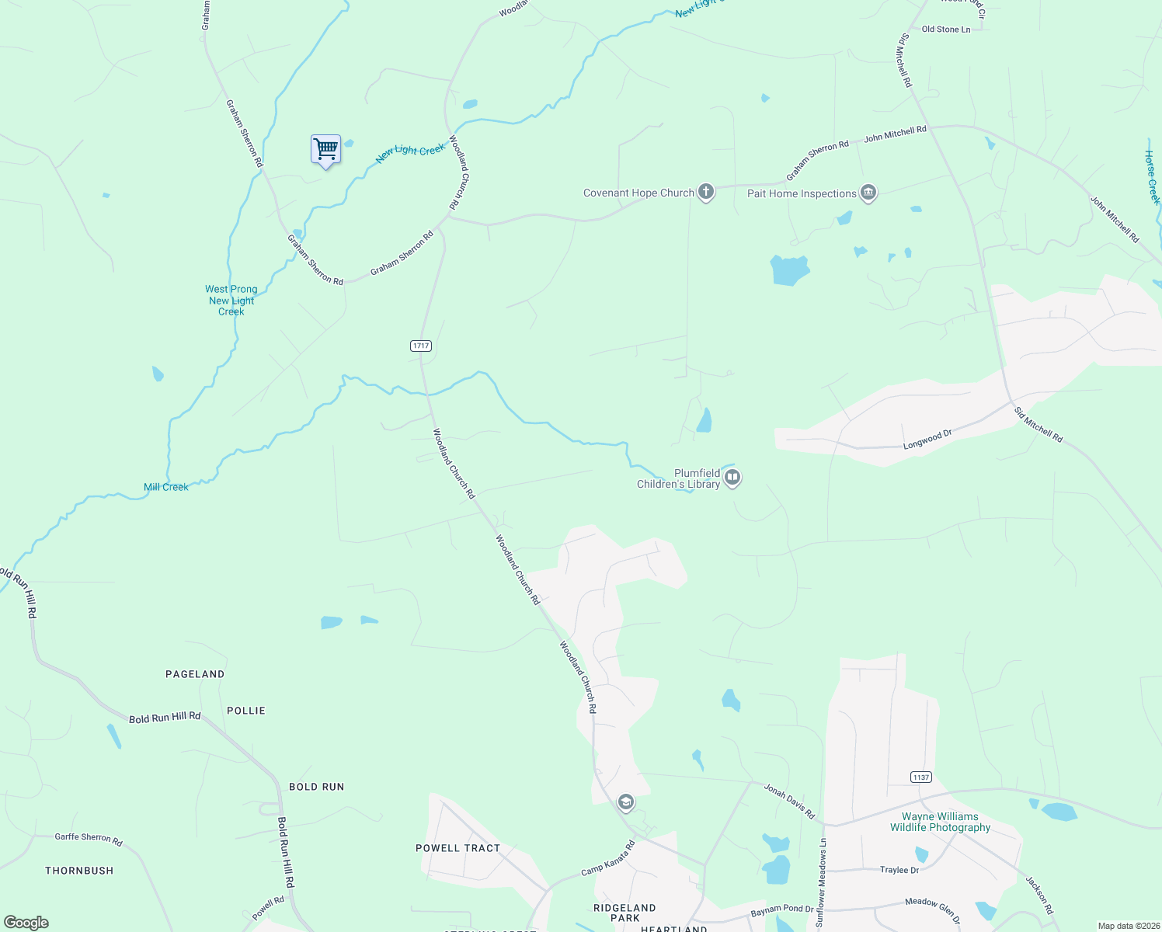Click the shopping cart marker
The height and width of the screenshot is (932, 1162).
click(326, 149)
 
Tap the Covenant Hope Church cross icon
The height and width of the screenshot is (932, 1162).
click(705, 192)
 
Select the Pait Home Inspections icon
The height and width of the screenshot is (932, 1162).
click(868, 193)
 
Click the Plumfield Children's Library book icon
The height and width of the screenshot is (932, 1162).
click(732, 478)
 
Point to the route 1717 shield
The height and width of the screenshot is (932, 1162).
click(420, 346)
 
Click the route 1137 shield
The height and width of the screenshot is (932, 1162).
click(920, 777)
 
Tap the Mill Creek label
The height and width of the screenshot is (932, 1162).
click(165, 487)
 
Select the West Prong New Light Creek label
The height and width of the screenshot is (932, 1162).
click(231, 301)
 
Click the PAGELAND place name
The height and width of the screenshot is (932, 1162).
click(195, 674)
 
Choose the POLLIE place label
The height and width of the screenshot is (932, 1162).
click(246, 711)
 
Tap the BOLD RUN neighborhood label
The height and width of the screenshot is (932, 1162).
click(316, 787)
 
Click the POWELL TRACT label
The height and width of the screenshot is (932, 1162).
click(458, 848)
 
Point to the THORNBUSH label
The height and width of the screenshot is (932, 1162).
click(79, 871)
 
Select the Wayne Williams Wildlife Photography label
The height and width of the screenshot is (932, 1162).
click(940, 822)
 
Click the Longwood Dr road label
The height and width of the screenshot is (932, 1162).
click(927, 440)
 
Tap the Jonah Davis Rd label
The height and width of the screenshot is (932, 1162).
click(789, 802)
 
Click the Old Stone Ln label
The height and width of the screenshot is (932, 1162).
click(945, 30)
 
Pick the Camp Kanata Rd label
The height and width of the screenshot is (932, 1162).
click(608, 858)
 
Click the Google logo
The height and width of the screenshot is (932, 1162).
click(26, 923)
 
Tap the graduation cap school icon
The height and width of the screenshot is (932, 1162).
click(625, 802)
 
